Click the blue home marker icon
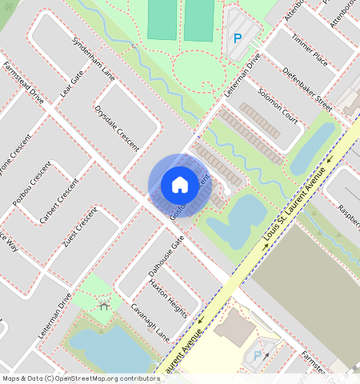[x=180, y=185]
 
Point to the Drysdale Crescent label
[x=117, y=128]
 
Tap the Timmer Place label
[x=310, y=50]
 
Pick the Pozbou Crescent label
[x=32, y=185]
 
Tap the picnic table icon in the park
[x=103, y=304]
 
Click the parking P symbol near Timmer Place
[x=237, y=38]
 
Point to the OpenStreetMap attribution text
[x=80, y=378]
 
